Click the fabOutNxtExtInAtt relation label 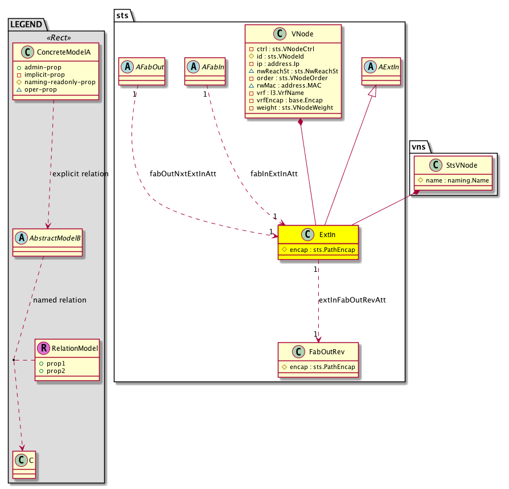(183, 173)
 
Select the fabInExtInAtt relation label (274, 173)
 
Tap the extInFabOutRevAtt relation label (352, 300)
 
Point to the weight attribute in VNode (291, 107)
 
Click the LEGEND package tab (26, 24)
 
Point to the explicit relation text (80, 173)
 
